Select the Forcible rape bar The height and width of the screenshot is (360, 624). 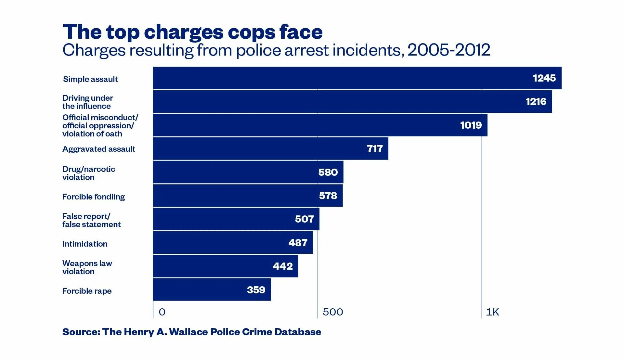[x=212, y=289]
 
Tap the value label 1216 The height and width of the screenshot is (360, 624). [x=536, y=102]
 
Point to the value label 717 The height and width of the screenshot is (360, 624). [x=375, y=149]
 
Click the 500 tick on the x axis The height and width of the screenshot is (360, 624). [x=333, y=312]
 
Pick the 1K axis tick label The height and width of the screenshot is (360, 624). [x=492, y=312]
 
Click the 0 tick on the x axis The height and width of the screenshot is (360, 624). [x=162, y=312]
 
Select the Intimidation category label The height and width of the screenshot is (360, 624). [x=85, y=244]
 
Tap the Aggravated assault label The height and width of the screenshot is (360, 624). [x=98, y=149]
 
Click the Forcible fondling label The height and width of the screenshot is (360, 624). [x=94, y=197]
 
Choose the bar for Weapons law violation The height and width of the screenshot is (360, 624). [x=226, y=266]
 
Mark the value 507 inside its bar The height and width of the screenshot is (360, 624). [x=304, y=219]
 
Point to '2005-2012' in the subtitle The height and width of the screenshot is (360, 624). [x=448, y=50]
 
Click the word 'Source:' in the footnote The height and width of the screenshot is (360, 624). [x=81, y=332]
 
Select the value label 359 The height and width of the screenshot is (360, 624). [x=256, y=290]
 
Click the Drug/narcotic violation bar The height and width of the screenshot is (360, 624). [x=248, y=172]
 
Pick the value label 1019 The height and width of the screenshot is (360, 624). [x=471, y=125]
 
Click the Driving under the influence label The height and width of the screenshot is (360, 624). [x=88, y=102]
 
